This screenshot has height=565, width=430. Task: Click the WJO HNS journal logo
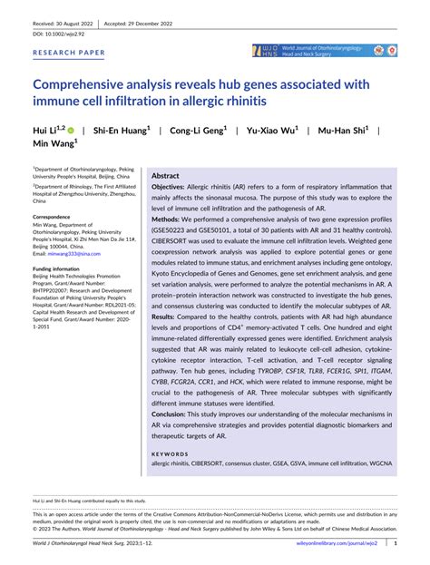point(270,51)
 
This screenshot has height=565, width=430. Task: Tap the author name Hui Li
point(46,130)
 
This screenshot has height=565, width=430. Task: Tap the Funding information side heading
point(64,269)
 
